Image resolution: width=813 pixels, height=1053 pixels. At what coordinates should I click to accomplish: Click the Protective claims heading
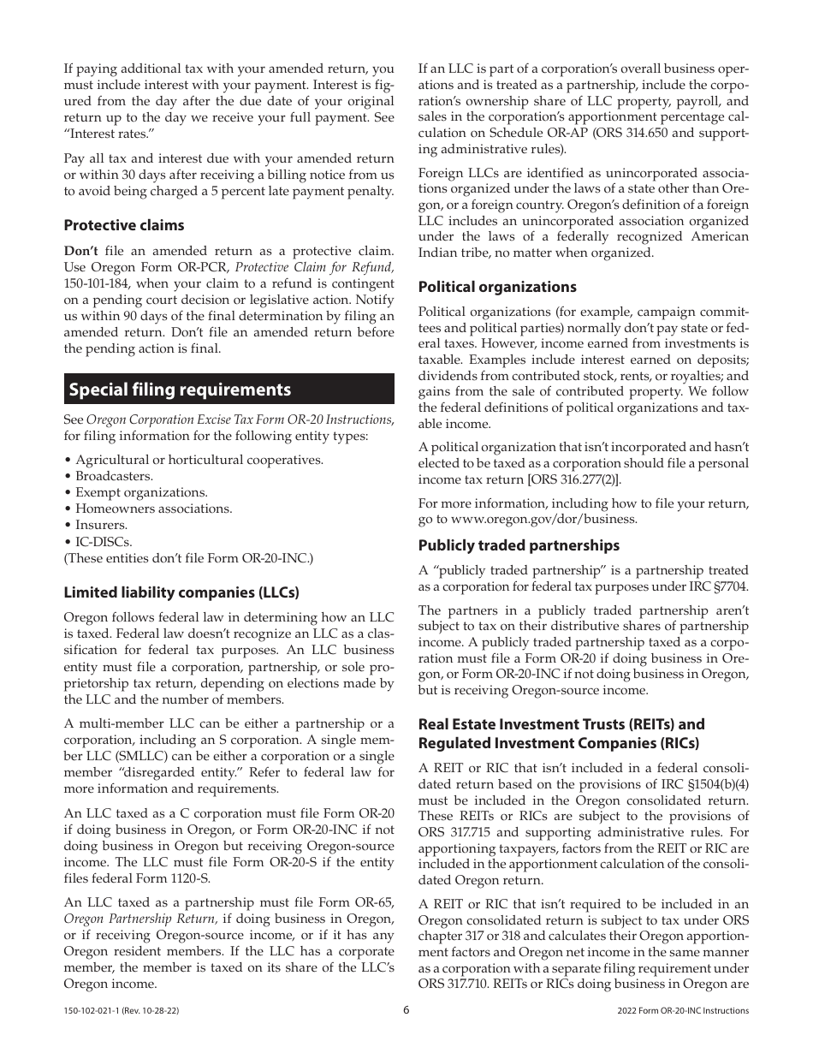[124, 225]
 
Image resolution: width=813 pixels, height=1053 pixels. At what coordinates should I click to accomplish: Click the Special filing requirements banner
[228, 390]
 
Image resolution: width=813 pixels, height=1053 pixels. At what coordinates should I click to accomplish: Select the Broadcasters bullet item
[114, 476]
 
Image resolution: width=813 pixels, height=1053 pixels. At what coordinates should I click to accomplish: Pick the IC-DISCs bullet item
[104, 541]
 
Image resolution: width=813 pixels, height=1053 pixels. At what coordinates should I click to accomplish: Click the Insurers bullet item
[101, 525]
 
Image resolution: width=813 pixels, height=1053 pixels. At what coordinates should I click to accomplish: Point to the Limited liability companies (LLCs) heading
[181, 592]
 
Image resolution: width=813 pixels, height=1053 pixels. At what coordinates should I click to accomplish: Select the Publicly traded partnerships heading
[519, 545]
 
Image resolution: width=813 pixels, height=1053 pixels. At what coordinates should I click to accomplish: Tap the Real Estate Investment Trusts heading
[561, 724]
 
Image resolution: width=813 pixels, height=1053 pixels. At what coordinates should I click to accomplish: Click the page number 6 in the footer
[406, 1010]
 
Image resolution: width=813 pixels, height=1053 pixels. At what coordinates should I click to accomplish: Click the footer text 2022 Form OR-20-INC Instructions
[682, 1011]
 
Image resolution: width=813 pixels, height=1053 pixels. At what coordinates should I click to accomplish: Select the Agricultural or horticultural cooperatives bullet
[199, 460]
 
